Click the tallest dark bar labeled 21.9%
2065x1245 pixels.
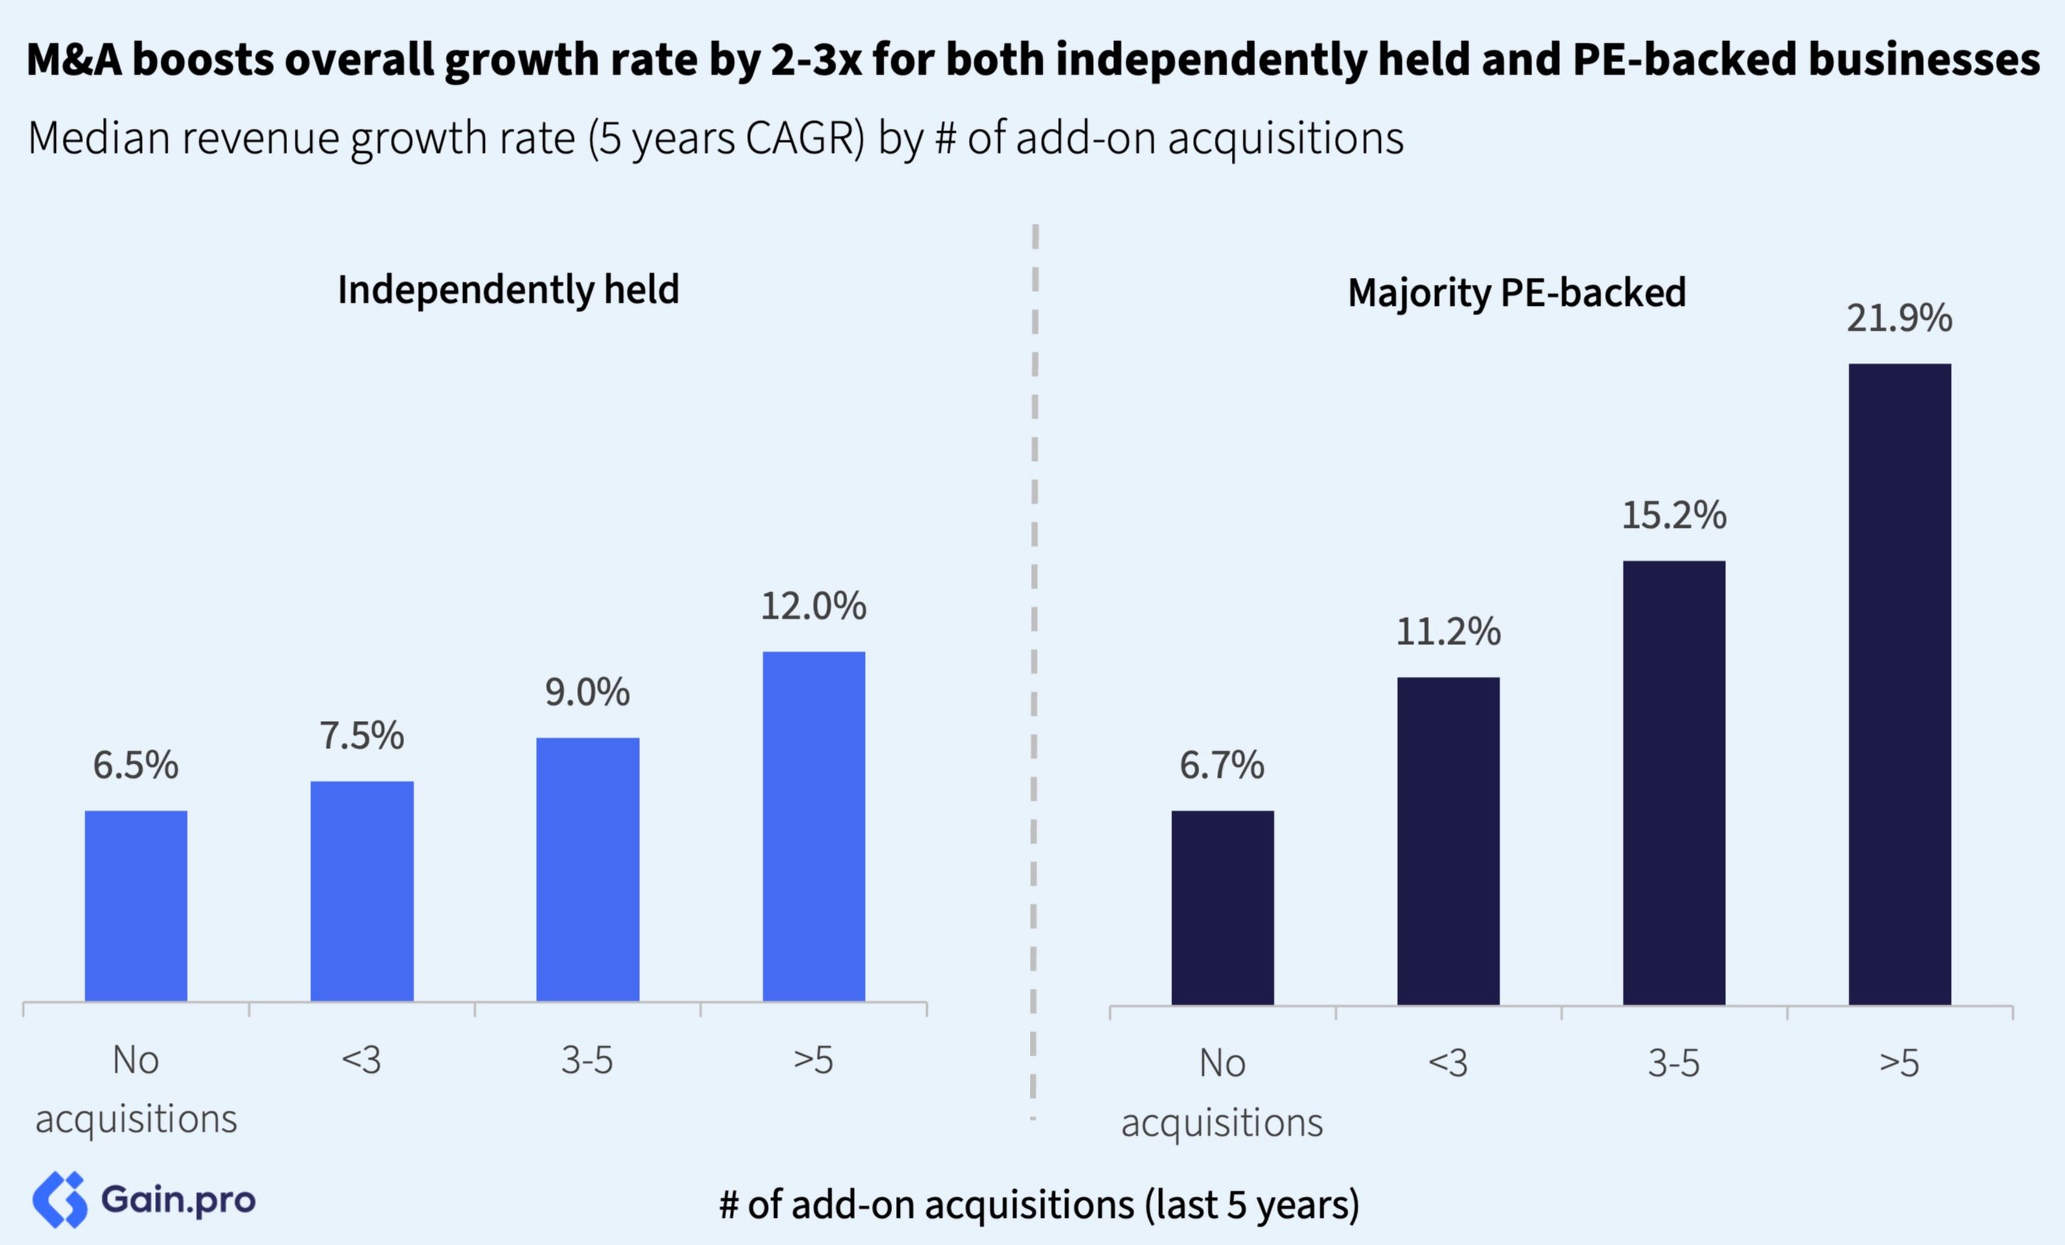[1899, 683]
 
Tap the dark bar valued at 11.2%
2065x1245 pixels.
[1448, 840]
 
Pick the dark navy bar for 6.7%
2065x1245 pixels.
[1222, 907]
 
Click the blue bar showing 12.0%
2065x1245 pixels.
[813, 826]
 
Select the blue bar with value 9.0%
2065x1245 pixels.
[587, 869]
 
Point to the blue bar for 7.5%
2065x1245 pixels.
[362, 890]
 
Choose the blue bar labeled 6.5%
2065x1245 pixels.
[136, 906]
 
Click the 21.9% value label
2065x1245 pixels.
[1899, 318]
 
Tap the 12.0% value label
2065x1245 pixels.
[813, 606]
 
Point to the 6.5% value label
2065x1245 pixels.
[136, 765]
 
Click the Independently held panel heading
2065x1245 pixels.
[508, 290]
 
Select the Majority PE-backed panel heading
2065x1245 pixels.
[1516, 293]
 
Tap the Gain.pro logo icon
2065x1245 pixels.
[60, 1200]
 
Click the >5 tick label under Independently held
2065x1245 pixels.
[813, 1059]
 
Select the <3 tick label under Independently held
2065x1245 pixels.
[362, 1059]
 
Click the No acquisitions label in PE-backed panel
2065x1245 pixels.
[1222, 1091]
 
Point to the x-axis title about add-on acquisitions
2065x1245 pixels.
[1039, 1205]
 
